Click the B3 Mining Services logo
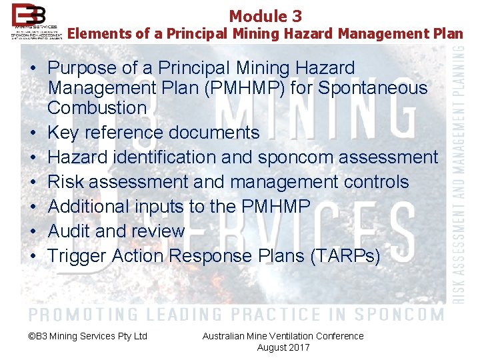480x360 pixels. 37,21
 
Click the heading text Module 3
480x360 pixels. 265,16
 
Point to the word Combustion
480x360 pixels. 97,107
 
